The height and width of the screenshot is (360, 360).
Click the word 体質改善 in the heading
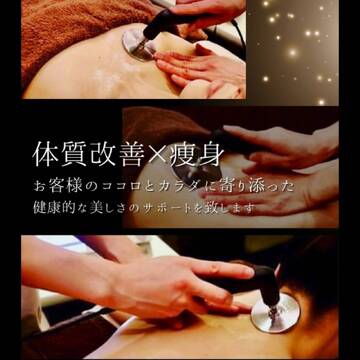[x=89, y=155]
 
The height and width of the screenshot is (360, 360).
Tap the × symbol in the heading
[x=159, y=155]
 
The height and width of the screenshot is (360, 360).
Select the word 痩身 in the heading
[x=197, y=155]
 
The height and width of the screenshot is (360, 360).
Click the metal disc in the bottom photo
[x=275, y=312]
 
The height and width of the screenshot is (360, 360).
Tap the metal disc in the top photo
[x=136, y=43]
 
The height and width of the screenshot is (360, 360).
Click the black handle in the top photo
[x=163, y=23]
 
